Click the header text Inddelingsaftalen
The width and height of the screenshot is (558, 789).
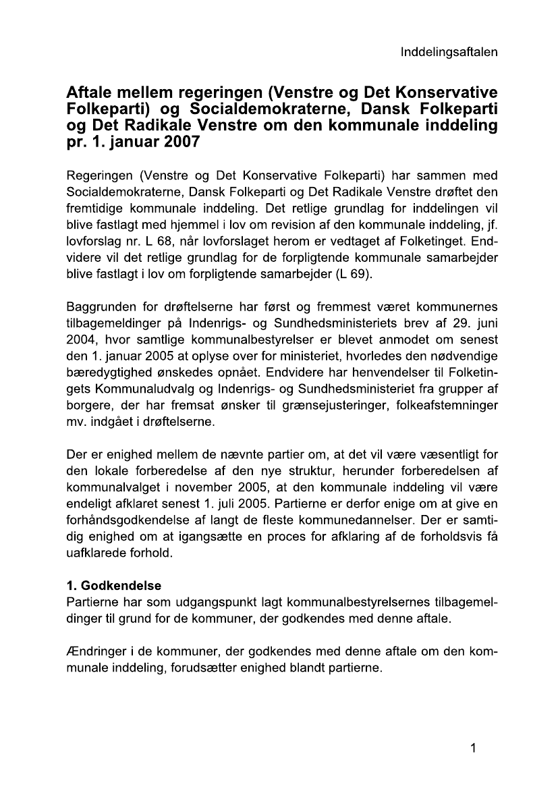(449, 52)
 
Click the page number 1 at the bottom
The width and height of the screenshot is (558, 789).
(474, 747)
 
